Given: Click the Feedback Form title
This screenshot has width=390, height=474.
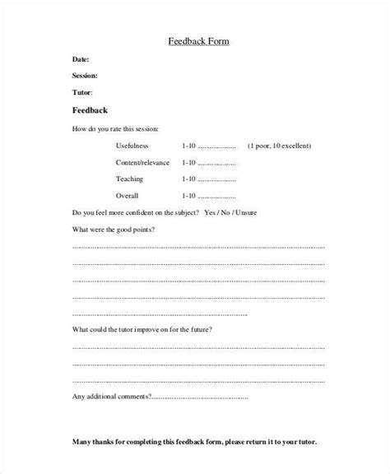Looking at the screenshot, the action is (194, 41).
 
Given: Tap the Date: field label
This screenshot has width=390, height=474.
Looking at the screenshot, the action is (81, 59).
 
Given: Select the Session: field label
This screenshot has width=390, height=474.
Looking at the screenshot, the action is (87, 76).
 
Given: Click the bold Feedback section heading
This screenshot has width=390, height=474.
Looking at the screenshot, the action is (91, 110).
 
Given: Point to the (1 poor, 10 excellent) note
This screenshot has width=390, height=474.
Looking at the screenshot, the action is (279, 146).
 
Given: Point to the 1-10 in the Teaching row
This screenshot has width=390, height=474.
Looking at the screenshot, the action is (189, 179).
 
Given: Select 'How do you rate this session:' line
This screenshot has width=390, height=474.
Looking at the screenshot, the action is (115, 129).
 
